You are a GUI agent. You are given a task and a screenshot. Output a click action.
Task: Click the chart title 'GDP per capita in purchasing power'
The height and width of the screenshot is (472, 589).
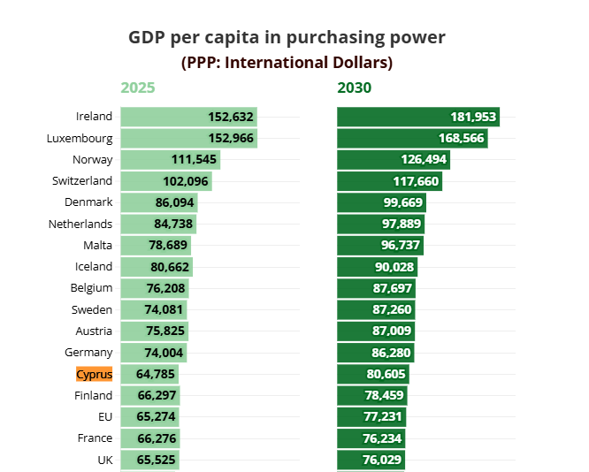[x=287, y=37]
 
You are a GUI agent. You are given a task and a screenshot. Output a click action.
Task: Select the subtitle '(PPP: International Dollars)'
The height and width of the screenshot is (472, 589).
[x=287, y=63]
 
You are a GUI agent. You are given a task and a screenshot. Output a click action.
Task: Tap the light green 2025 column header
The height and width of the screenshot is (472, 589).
[x=138, y=88]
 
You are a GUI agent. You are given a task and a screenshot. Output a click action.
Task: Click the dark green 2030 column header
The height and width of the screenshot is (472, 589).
[x=355, y=88]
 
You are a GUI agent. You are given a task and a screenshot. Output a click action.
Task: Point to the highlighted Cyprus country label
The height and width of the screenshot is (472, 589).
[x=95, y=374]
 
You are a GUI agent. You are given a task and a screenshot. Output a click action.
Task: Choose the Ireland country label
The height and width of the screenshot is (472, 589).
[x=95, y=116]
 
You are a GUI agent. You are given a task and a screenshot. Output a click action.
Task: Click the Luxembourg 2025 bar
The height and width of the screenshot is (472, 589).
[x=188, y=138]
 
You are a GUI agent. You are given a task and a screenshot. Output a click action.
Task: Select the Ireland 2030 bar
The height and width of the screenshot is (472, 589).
[x=417, y=117]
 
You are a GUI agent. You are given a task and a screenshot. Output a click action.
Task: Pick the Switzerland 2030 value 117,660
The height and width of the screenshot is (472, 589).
[x=416, y=181]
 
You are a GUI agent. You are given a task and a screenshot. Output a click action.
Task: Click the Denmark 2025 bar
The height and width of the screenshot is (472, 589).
[x=158, y=202]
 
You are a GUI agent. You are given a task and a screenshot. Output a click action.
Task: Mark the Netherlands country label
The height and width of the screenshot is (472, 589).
[x=80, y=224]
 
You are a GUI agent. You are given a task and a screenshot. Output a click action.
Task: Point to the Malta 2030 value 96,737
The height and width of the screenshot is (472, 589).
[x=398, y=245]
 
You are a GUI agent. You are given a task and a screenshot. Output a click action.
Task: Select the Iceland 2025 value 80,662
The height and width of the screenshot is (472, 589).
[x=165, y=267]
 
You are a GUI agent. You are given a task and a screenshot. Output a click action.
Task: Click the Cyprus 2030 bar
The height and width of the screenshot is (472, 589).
[x=372, y=374]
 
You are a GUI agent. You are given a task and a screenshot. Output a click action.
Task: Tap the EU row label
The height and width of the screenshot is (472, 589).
[x=104, y=416]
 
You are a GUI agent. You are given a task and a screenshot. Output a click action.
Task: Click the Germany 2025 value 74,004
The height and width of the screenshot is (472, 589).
[x=162, y=353]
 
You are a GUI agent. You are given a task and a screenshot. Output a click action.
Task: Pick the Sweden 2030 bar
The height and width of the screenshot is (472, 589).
[x=376, y=309]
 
